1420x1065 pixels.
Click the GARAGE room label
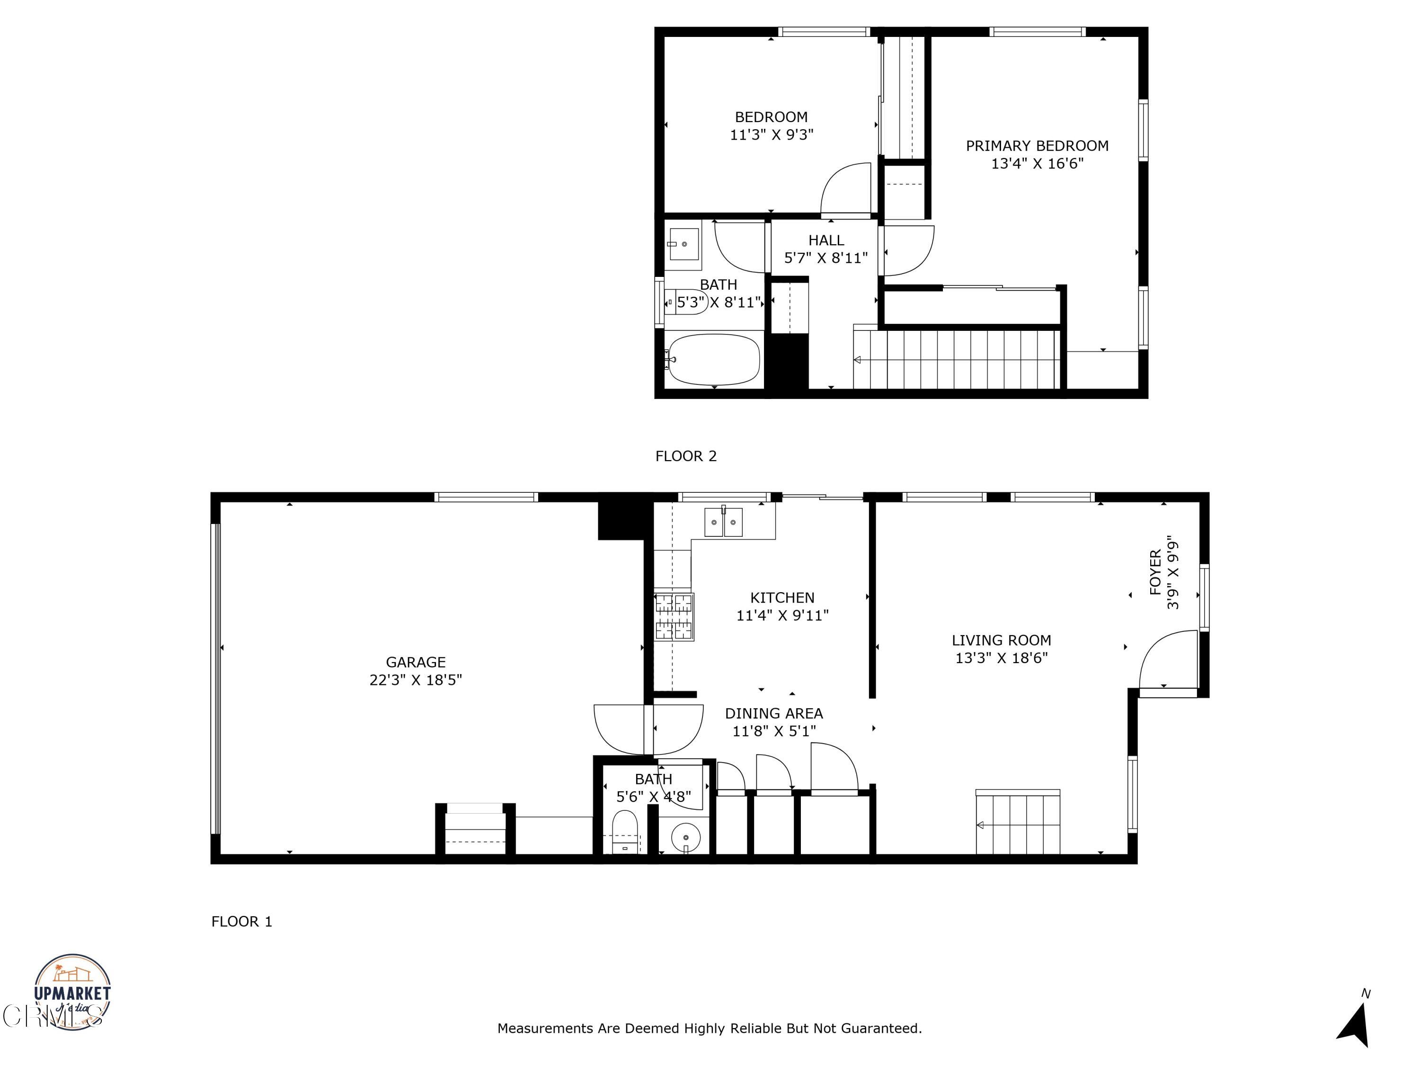coord(415,662)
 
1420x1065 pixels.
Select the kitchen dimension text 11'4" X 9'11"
coord(782,615)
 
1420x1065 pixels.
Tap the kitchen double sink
coord(723,521)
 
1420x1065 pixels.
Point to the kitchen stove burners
coord(674,617)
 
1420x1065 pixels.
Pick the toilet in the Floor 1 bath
coord(624,831)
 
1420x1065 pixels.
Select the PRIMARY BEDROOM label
coord(1037,146)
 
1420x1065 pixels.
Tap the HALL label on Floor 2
coord(826,240)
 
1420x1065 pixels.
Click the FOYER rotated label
coord(1155,572)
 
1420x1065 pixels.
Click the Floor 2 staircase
coord(957,359)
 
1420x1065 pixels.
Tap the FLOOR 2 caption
coord(685,456)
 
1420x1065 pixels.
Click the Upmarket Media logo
coord(72,992)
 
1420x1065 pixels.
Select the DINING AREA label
coord(773,713)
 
